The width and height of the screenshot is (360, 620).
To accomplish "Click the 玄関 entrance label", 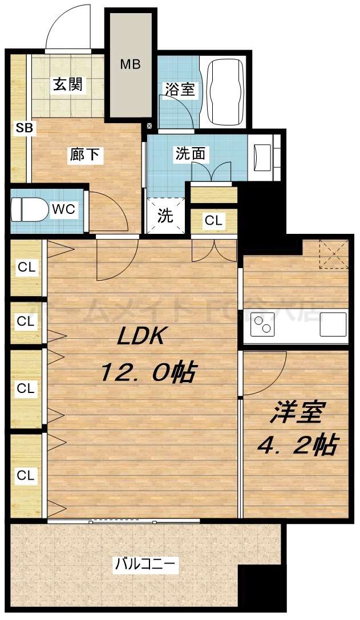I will click(x=68, y=84).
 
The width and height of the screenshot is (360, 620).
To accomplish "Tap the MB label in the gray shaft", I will click(x=130, y=63).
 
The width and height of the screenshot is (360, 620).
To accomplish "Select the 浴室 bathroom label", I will click(x=180, y=89).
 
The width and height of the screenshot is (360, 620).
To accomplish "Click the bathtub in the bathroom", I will click(x=226, y=92).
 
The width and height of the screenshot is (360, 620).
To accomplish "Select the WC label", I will click(x=63, y=209).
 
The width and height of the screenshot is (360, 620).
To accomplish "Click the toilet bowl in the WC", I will click(x=29, y=209).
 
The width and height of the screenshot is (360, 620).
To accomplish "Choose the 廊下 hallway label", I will click(x=86, y=154).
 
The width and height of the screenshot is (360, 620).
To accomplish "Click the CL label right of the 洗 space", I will click(x=213, y=221).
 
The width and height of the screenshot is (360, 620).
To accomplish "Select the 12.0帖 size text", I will click(x=148, y=373).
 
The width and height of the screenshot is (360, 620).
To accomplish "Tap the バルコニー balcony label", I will click(x=147, y=565).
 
